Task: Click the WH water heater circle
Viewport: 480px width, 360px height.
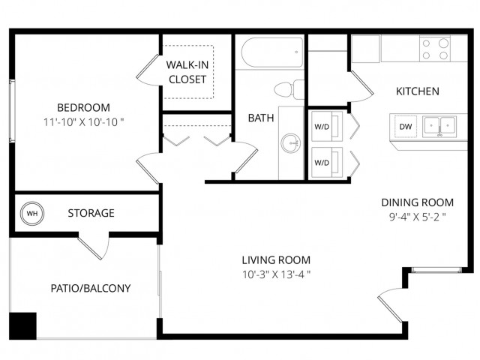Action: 32,213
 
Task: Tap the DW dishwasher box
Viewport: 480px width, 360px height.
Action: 405,127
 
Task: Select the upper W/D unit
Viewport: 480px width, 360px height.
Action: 327,126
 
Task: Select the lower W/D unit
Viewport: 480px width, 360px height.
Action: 327,162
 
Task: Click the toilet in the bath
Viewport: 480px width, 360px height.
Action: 289,89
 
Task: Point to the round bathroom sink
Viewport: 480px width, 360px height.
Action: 291,143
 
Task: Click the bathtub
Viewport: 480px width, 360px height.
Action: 272,52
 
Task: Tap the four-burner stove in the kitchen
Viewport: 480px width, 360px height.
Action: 435,49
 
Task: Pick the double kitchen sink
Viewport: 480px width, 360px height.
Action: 439,126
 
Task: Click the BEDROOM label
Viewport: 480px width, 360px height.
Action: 83,108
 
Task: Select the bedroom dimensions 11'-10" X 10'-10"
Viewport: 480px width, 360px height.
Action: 83,122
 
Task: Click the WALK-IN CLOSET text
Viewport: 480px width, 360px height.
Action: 187,72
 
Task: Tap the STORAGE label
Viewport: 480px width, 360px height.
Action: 91,213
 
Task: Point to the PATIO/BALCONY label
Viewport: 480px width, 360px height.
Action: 91,288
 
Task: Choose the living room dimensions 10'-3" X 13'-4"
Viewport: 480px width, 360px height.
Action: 277,274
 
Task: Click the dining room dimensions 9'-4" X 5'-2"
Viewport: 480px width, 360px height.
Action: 417,217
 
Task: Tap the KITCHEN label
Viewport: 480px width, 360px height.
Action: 418,91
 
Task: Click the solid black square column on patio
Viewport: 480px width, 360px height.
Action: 23,326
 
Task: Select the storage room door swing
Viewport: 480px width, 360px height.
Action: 94,246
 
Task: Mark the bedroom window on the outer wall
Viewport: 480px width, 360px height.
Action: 12,111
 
